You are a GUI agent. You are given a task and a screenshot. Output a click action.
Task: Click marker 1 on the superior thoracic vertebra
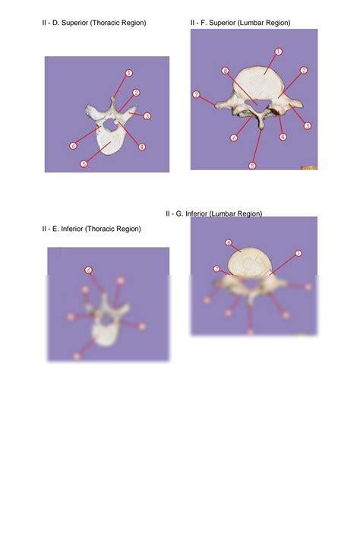[129, 73]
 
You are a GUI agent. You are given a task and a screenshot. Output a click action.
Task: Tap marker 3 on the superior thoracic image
[147, 116]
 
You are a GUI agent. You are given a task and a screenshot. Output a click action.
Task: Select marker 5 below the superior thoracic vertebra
[84, 163]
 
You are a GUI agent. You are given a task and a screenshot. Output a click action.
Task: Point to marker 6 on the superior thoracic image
[72, 145]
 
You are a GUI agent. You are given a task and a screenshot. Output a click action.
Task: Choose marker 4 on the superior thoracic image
[142, 147]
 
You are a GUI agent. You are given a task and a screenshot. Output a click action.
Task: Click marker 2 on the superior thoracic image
[136, 93]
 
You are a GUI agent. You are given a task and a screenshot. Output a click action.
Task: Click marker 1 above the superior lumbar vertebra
[278, 51]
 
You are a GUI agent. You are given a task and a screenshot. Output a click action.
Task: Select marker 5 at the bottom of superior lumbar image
[252, 165]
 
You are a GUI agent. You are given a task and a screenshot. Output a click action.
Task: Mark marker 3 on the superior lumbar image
[308, 125]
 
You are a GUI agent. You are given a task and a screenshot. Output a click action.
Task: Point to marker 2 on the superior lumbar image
[304, 71]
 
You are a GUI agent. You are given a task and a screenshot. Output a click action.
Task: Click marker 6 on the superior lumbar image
[234, 137]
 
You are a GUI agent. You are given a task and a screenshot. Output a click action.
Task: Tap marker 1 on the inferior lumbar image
[298, 253]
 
